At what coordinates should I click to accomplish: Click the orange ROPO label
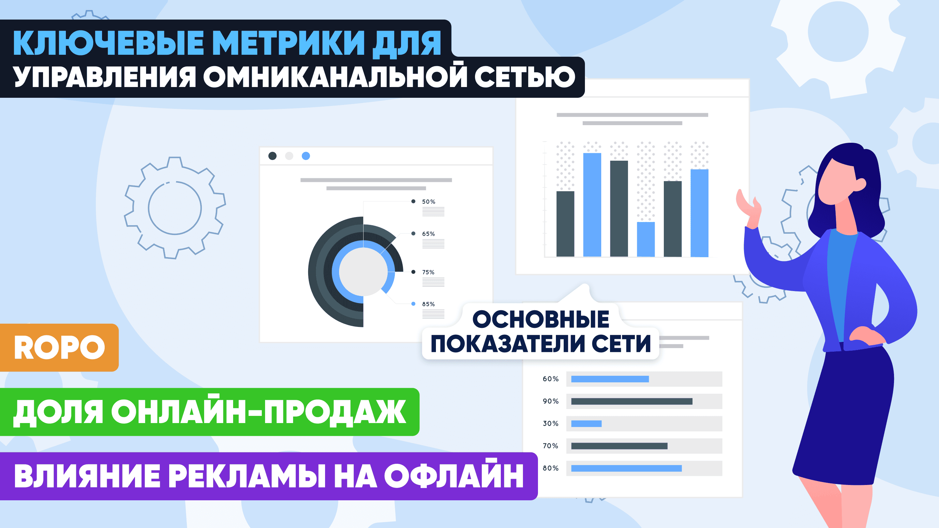click(x=59, y=347)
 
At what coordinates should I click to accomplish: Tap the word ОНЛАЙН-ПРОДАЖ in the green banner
click(x=259, y=412)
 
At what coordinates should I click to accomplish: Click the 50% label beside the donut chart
click(x=428, y=201)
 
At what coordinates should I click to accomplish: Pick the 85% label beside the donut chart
click(x=428, y=304)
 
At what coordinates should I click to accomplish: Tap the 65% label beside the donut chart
click(x=428, y=234)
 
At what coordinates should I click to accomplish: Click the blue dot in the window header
click(x=306, y=156)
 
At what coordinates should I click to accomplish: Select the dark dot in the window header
click(x=272, y=156)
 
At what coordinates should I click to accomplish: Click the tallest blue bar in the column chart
click(x=592, y=205)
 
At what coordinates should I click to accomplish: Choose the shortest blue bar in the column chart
click(x=646, y=240)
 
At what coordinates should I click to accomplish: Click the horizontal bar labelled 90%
click(x=632, y=401)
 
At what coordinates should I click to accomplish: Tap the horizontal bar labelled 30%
click(x=586, y=423)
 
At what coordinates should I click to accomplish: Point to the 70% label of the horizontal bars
click(x=550, y=446)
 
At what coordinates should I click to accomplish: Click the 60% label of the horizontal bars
click(x=550, y=379)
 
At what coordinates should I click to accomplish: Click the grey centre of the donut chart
click(x=363, y=272)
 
